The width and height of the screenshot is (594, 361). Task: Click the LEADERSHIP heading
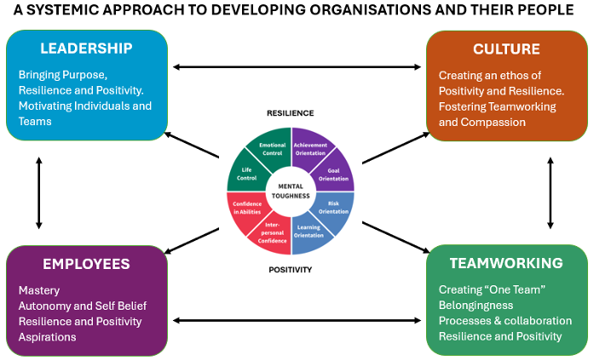pos(86,49)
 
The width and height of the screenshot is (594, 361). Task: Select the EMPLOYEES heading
pos(86,264)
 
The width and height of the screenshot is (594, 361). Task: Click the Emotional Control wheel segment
pos(272,147)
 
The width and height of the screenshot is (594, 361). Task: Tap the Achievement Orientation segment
pos(310,147)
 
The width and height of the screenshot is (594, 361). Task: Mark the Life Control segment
pos(247,174)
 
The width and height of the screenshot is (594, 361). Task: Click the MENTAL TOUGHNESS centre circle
pos(291,191)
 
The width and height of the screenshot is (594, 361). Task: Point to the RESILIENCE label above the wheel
pos(291,113)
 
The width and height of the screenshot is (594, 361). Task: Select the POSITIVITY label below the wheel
pos(291,270)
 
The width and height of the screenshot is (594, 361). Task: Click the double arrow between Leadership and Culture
pos(297,67)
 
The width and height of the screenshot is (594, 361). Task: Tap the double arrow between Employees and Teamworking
pos(297,321)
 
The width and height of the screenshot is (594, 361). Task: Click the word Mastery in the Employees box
pos(39,289)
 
